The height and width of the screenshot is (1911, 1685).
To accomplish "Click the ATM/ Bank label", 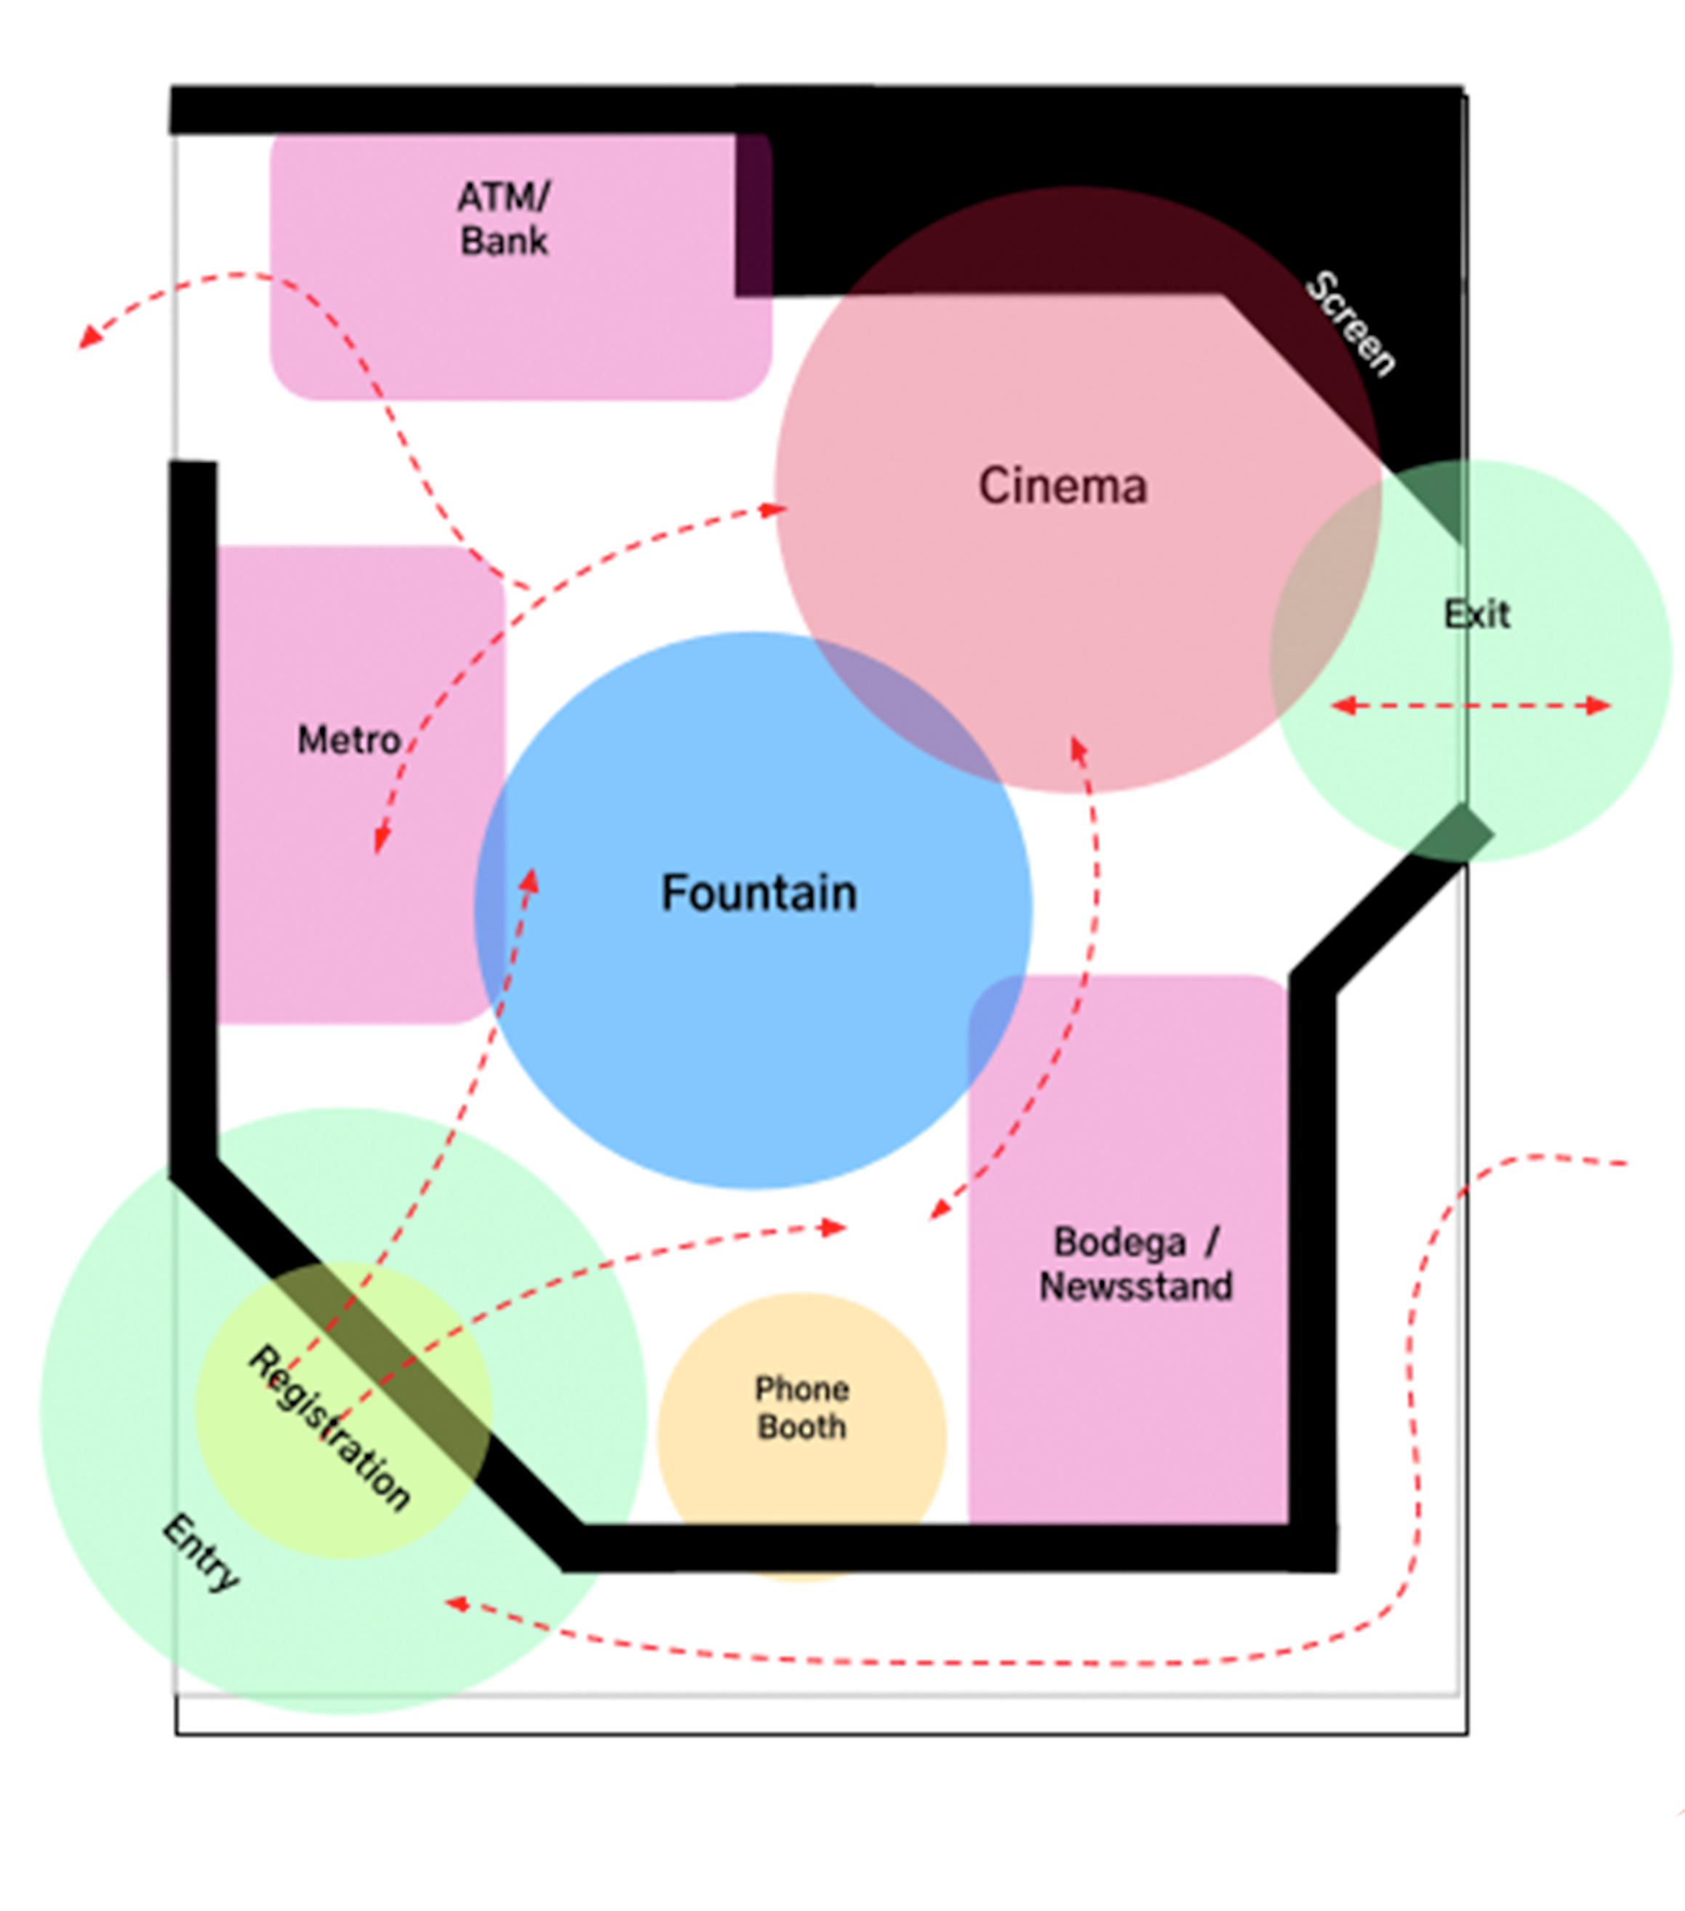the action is point(503,219).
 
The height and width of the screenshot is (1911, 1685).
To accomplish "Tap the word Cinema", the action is point(1062,486).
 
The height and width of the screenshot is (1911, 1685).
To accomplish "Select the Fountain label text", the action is point(759,893).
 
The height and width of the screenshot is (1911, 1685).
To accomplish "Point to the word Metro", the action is point(349,740).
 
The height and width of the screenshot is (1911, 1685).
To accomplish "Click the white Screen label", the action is point(1350,322).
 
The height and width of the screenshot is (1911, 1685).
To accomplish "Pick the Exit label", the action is point(1476,614).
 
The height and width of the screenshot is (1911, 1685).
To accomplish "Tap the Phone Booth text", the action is point(801,1408).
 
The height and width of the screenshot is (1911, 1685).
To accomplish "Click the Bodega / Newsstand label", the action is point(1135,1264).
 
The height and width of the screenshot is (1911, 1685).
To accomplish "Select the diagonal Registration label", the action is point(329,1428).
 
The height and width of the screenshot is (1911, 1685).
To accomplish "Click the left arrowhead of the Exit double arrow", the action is point(1342,706).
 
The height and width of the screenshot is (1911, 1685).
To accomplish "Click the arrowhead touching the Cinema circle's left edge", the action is point(775,510).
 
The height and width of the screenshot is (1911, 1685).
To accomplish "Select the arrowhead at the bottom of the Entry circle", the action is point(456,1604).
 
